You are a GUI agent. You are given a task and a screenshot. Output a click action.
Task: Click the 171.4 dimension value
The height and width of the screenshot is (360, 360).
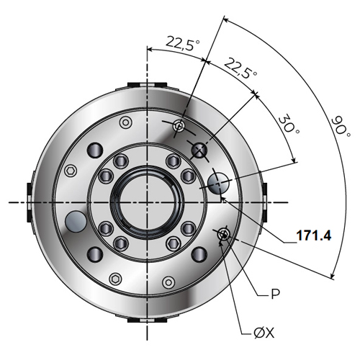pos(314,235)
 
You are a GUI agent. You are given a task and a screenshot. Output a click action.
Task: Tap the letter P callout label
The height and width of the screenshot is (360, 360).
pos(275,294)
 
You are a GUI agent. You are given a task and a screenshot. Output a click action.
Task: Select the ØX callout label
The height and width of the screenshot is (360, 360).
pos(264,333)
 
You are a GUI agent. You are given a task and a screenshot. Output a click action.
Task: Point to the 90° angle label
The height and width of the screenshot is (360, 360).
pos(341,127)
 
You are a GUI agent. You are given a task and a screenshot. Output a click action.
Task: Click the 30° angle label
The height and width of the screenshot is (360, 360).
pos(290,125)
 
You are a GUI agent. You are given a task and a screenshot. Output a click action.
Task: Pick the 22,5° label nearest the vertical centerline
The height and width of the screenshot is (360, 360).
pos(183,43)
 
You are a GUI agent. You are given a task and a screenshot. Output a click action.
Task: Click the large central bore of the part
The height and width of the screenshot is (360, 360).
pos(147,202)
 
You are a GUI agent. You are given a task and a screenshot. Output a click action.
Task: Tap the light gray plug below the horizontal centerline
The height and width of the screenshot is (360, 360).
pos(76,221)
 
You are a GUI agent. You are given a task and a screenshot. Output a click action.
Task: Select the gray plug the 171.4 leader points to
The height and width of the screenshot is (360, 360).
pos(218,184)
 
